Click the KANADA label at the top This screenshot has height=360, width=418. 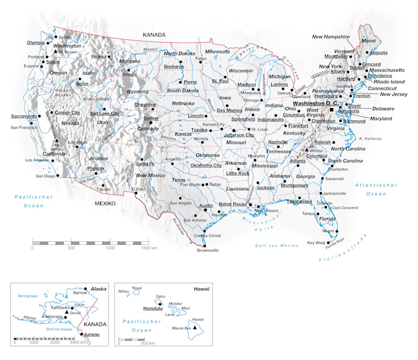point(154,35)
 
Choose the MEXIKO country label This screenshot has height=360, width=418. point(105,203)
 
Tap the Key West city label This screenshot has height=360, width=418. point(316,243)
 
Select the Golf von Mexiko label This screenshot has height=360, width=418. point(276,246)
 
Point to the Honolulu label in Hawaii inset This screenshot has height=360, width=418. point(152,308)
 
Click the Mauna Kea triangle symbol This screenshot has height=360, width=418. point(195,326)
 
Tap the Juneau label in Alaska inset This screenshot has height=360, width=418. point(92,335)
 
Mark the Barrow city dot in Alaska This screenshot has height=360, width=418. point(86,287)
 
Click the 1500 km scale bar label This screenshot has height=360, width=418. point(148,247)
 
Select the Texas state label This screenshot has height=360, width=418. point(178,180)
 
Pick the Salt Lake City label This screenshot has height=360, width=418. point(104,113)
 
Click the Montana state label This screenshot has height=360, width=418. point(130,61)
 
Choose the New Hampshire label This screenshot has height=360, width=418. point(331,37)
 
